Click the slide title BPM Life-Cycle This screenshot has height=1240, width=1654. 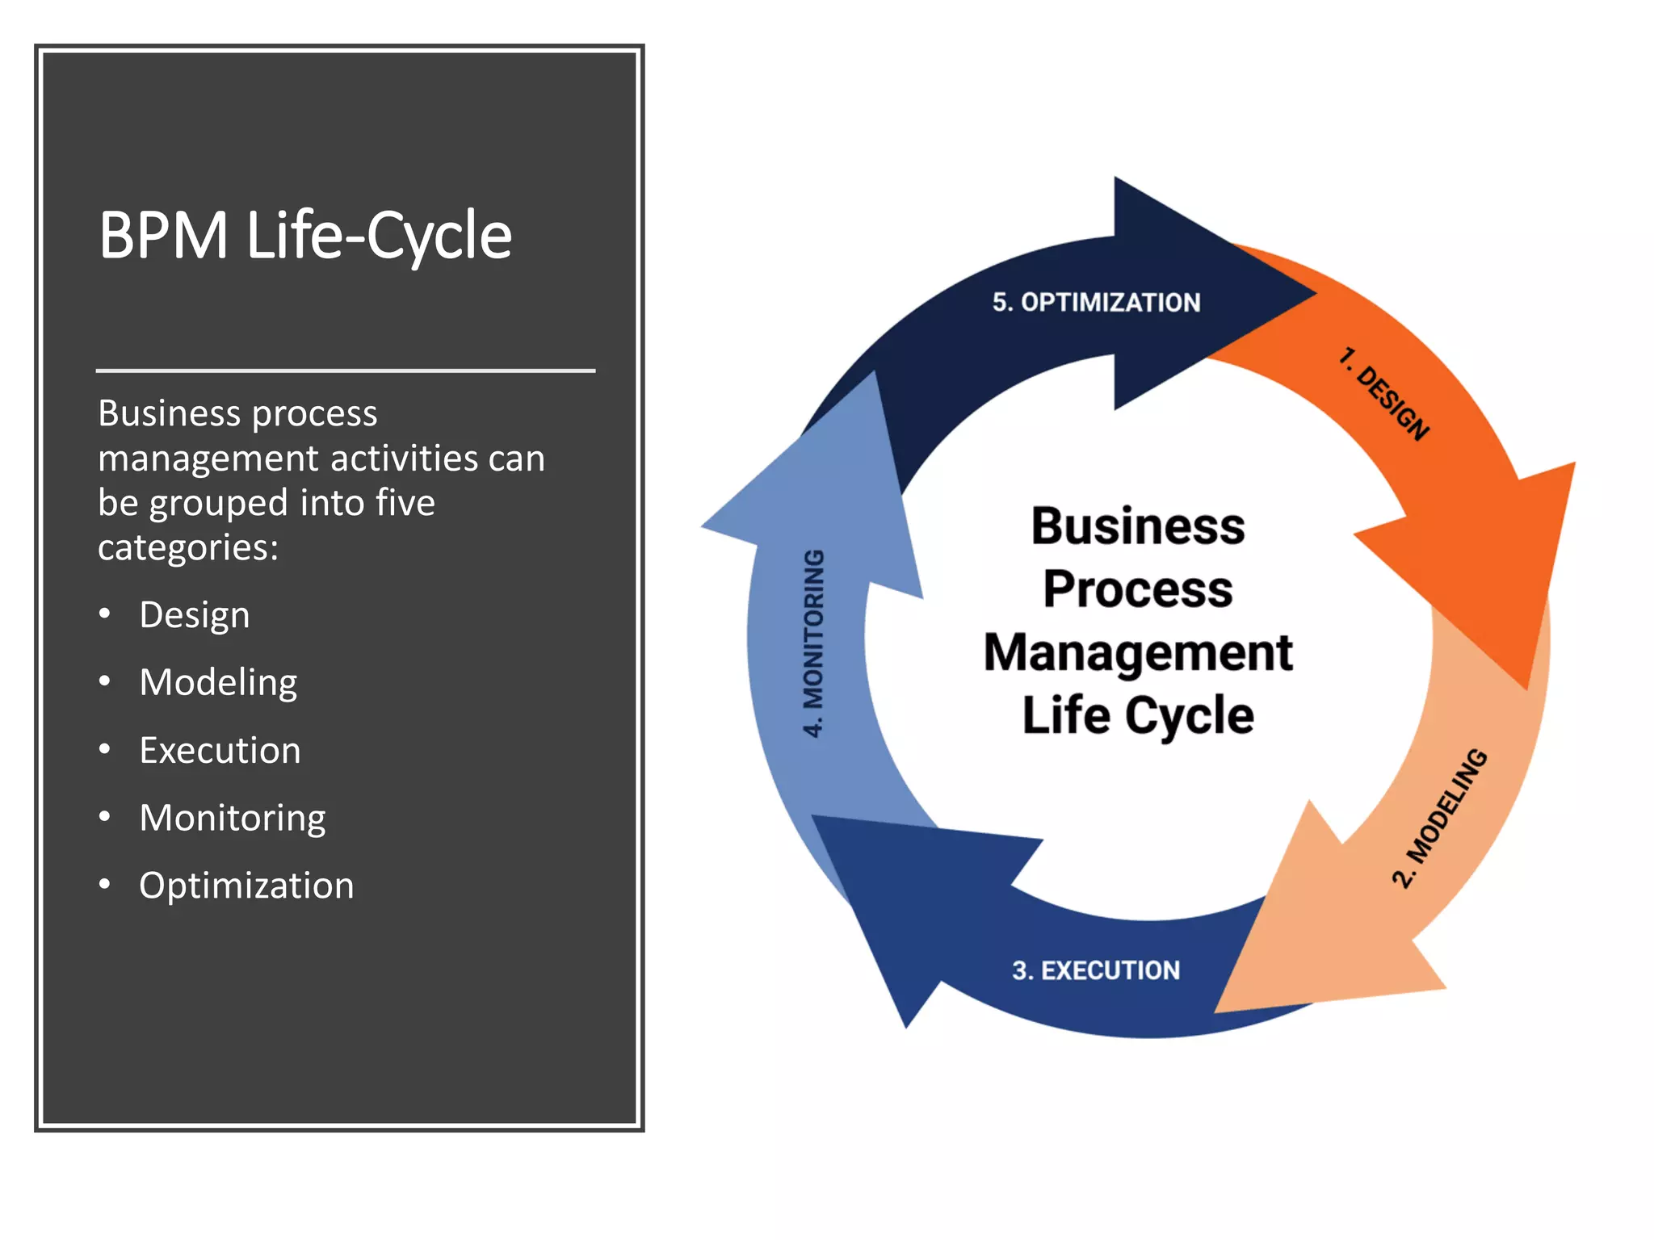[x=305, y=236]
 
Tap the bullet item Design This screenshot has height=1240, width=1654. [x=194, y=615]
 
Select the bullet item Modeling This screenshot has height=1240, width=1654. [x=218, y=683]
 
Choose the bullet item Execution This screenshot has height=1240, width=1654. [x=220, y=751]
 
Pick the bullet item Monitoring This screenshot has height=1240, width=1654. [x=233, y=819]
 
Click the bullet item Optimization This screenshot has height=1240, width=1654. [x=246, y=886]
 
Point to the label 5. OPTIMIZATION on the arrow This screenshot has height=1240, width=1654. [x=1096, y=303]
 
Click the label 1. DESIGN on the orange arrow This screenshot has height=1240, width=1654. [x=1383, y=394]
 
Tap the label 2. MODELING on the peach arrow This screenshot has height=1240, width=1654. [x=1439, y=818]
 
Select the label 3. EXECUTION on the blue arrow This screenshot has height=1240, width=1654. [x=1096, y=970]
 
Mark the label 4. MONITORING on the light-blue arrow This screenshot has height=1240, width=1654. [x=814, y=643]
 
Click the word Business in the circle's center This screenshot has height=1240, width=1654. [x=1138, y=526]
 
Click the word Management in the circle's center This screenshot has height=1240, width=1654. [x=1138, y=652]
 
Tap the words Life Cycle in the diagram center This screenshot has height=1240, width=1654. [x=1138, y=715]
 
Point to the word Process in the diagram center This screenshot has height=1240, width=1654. [x=1138, y=589]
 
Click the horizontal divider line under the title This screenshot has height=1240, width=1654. [x=346, y=371]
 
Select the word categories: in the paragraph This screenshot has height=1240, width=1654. [x=188, y=548]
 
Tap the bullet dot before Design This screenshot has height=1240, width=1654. [x=104, y=614]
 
